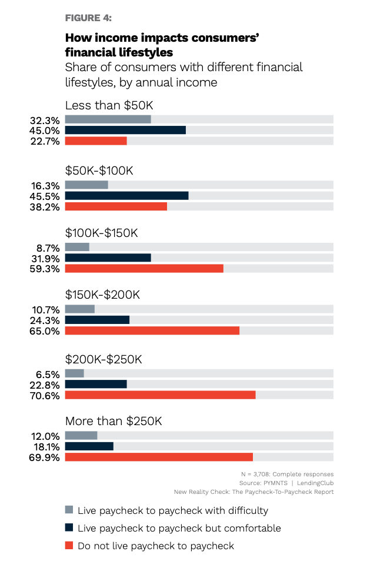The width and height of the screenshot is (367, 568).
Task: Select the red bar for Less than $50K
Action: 96,141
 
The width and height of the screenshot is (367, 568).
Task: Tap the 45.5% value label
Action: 45,196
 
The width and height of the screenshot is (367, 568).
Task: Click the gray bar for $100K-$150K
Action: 77,247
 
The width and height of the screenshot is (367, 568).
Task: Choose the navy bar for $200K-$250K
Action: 96,384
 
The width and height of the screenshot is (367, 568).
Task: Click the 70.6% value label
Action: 45,395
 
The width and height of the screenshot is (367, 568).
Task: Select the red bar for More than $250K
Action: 159,457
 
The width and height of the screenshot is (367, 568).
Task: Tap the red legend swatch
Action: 69,546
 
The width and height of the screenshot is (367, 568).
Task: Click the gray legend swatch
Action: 69,510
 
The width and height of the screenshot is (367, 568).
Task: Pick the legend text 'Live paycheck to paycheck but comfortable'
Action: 179,528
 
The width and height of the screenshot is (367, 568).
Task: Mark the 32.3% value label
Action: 45,120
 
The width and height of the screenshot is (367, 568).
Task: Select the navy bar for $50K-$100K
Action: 126,196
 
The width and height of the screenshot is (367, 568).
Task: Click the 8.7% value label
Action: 48,248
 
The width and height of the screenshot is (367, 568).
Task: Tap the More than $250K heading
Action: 113,421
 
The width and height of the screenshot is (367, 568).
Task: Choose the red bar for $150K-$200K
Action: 152,330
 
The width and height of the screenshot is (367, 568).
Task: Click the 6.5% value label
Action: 48,374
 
